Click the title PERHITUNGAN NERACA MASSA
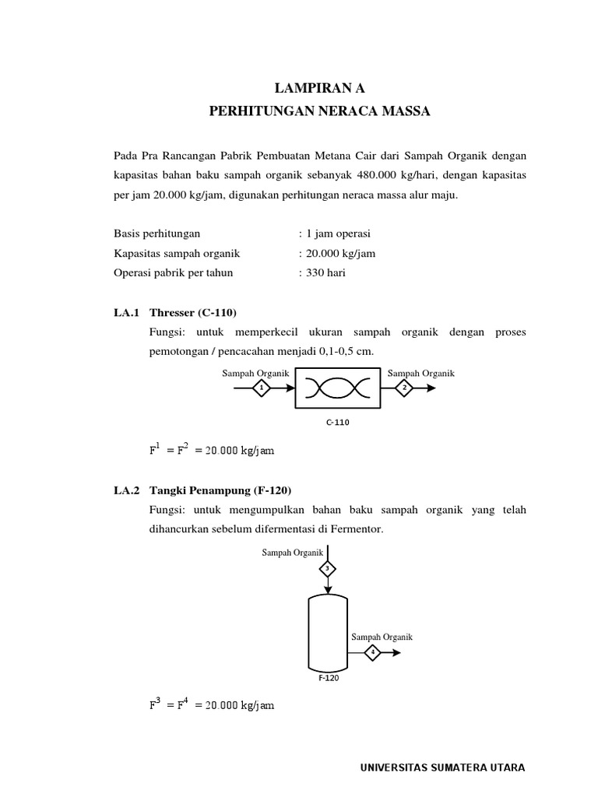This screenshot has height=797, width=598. [319, 112]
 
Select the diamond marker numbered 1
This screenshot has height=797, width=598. [262, 387]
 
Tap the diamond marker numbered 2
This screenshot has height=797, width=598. [405, 387]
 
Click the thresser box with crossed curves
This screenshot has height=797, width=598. [337, 388]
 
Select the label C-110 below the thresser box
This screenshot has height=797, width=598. [337, 422]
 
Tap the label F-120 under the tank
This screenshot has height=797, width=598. [327, 677]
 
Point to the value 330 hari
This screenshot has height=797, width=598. [325, 273]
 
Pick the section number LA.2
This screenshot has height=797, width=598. [125, 490]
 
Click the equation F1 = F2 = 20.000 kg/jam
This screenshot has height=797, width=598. [211, 449]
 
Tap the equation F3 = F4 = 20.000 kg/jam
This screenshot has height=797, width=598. [211, 704]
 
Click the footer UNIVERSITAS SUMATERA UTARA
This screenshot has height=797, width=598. [442, 767]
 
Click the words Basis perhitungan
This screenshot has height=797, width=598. [157, 233]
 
